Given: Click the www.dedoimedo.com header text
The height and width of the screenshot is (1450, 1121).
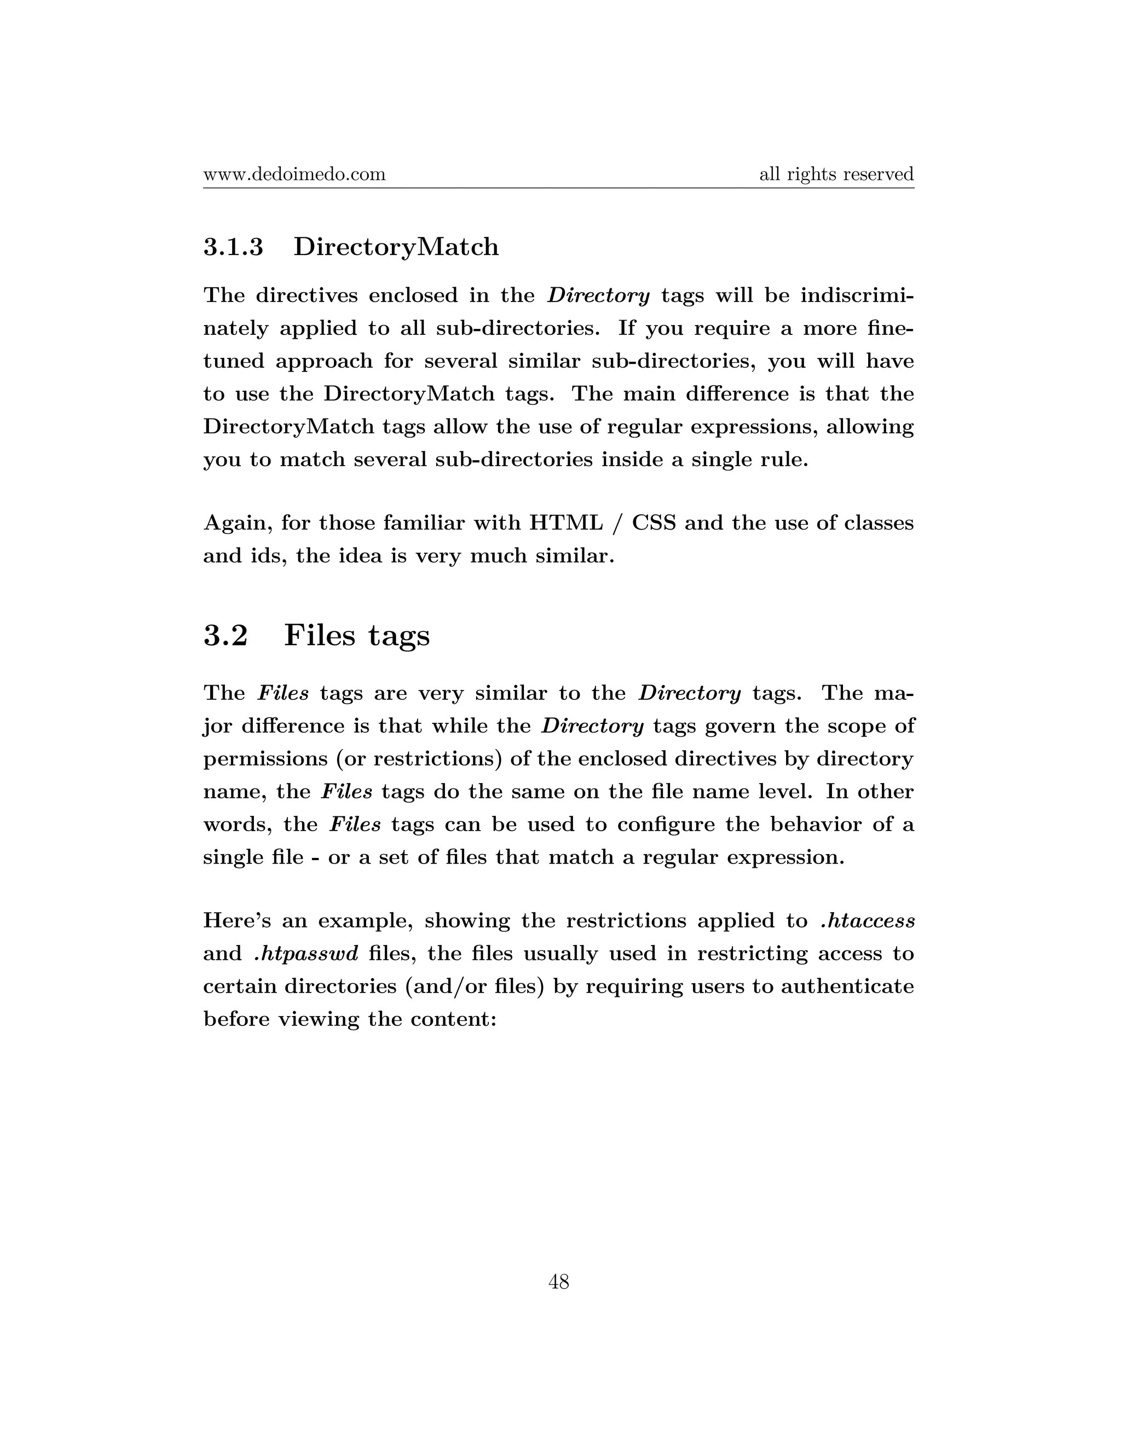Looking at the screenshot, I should coord(294,175).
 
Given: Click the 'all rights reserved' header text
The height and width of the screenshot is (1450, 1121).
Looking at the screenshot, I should coord(836,175).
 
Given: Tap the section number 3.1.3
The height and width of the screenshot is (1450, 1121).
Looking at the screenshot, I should coord(233,247).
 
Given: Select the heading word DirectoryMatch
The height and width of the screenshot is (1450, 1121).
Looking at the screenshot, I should coord(396,247).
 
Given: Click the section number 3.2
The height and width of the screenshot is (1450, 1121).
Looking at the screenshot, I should coord(226,635).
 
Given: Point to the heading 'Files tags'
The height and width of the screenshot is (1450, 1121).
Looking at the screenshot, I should coord(357,635).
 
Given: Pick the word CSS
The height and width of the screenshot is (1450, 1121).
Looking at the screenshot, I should coord(654,523).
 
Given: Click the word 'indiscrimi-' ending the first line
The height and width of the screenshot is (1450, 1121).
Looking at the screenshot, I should coord(857,295).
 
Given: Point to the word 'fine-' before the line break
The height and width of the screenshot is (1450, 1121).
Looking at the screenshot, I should coord(891,328).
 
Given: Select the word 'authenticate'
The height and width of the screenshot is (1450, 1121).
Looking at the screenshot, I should coord(847,987).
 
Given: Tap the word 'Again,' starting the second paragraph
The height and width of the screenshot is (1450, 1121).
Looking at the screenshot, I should coord(238,524).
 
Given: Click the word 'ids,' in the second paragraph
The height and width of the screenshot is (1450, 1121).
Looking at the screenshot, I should coord(268,556).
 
